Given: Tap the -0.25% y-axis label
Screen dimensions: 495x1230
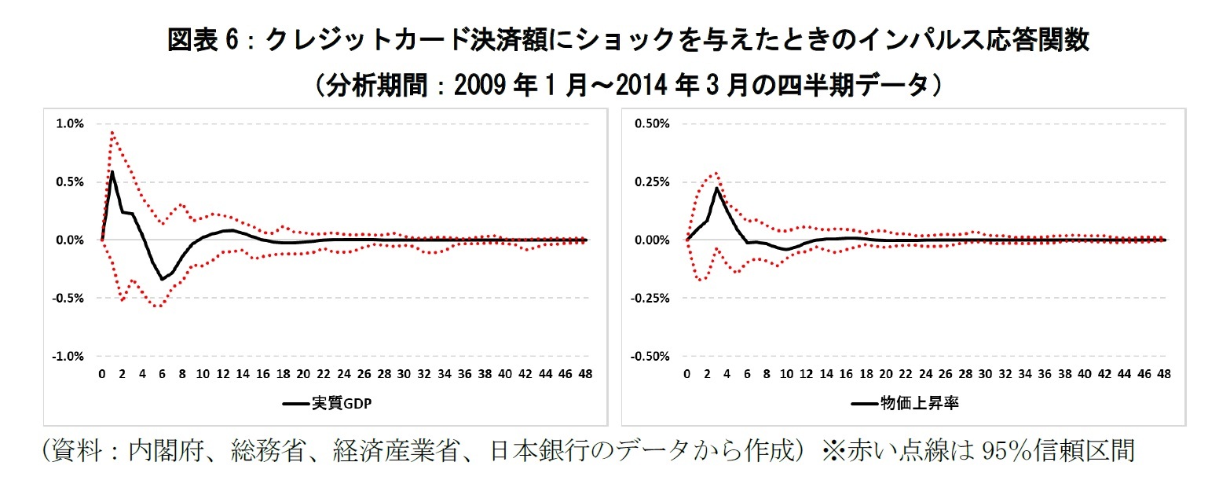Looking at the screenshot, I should click(x=652, y=298).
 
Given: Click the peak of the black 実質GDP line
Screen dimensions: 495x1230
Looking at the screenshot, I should click(x=112, y=171).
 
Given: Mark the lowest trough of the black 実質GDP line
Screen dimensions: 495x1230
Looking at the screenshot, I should click(x=163, y=279).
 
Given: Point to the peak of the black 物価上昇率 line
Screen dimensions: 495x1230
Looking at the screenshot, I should click(x=717, y=189).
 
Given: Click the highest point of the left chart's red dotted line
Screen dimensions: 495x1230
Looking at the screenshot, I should click(x=112, y=132).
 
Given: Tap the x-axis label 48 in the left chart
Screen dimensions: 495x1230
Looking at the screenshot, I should click(x=586, y=374).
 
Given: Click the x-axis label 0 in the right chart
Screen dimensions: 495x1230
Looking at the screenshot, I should click(x=687, y=374).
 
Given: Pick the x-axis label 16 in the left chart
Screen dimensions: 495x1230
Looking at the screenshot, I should click(x=263, y=374).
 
